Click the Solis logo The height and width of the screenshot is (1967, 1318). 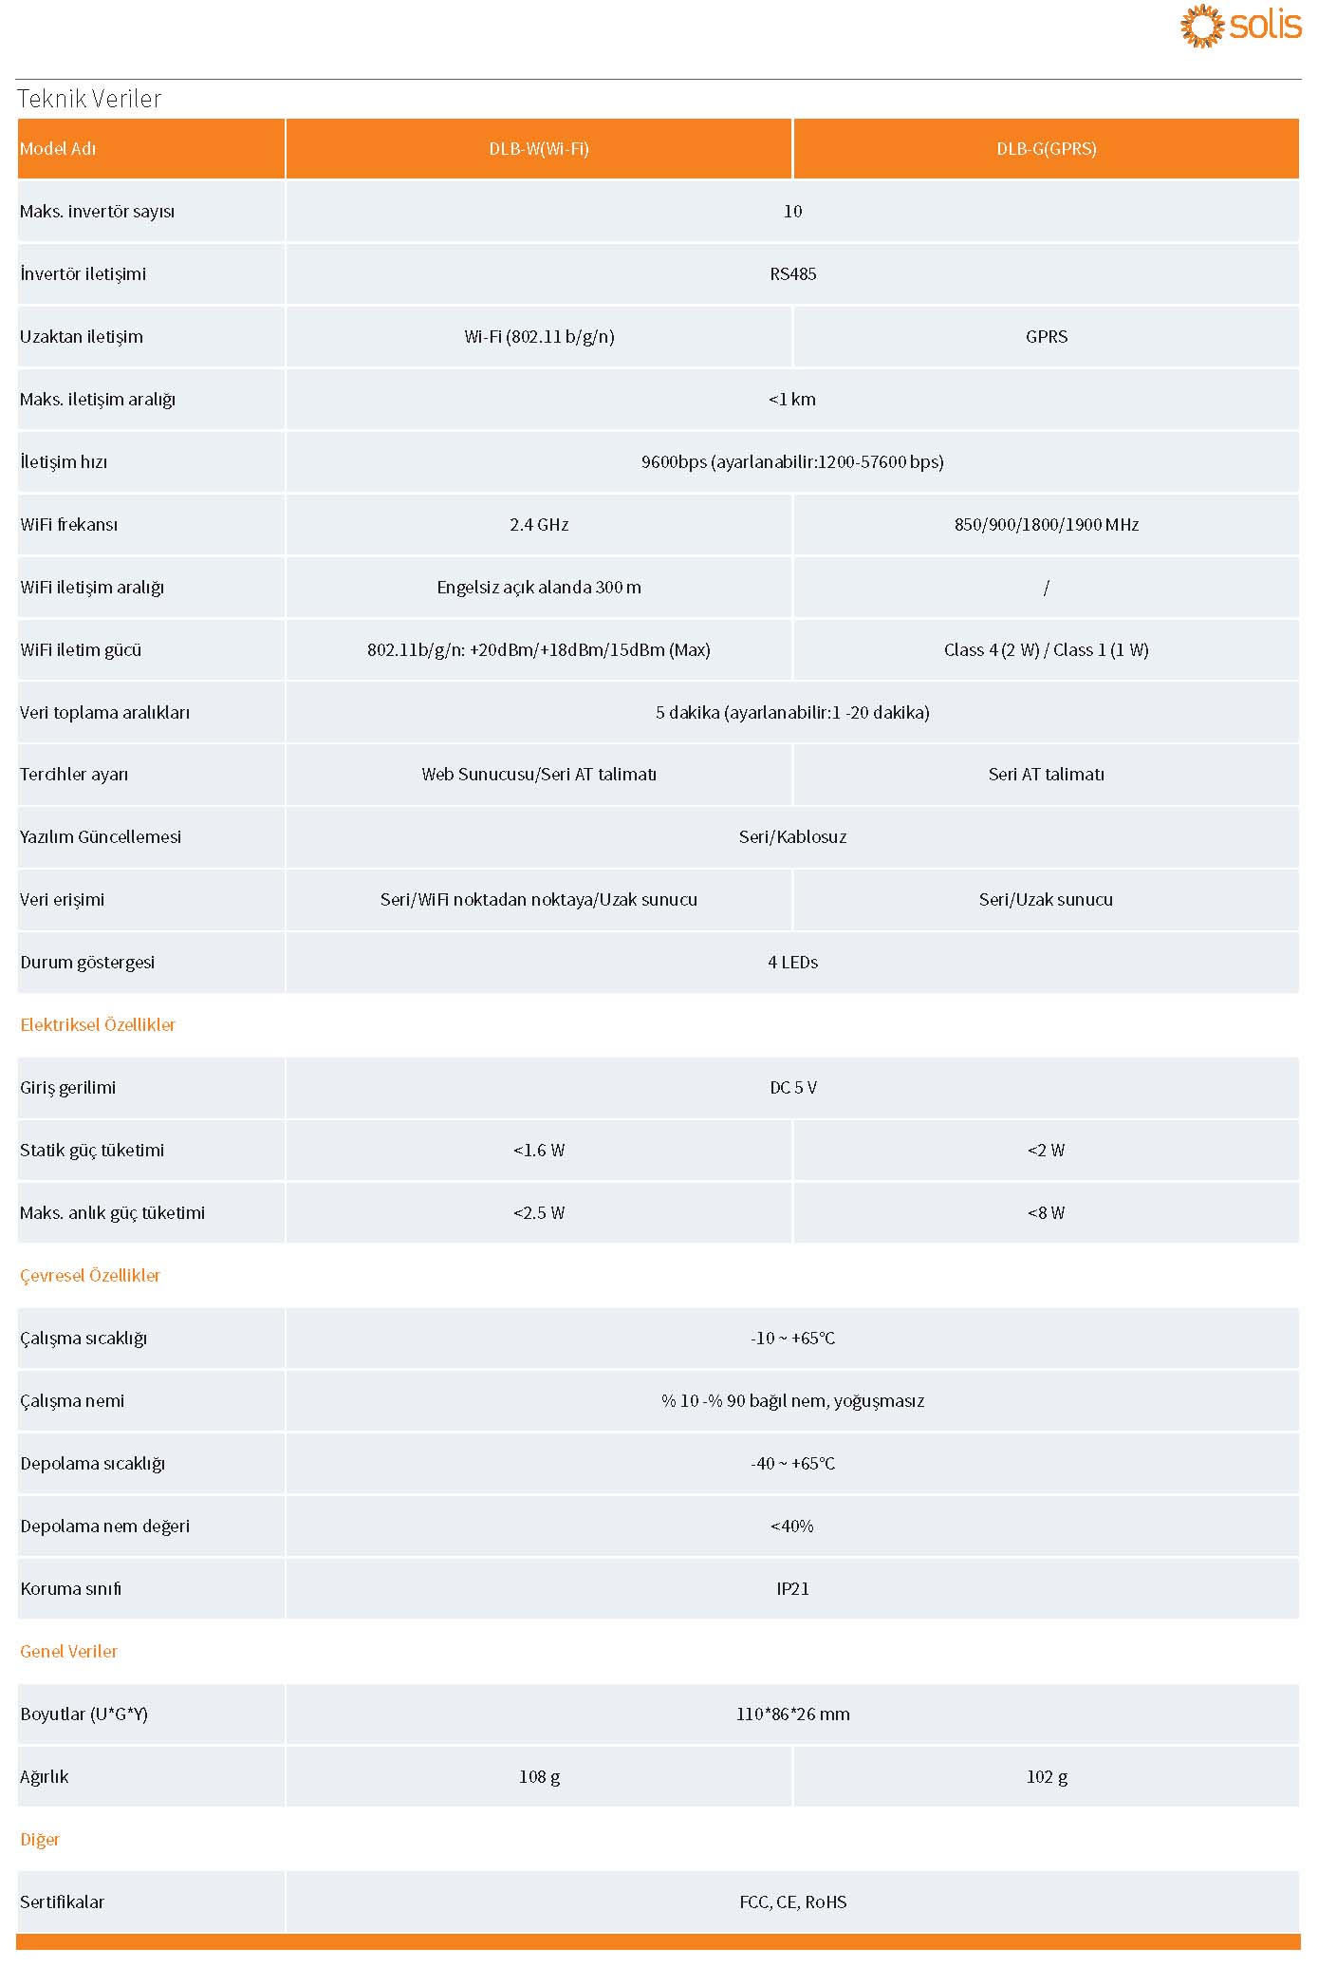click(1240, 26)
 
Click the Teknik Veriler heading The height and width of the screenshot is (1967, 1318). click(89, 99)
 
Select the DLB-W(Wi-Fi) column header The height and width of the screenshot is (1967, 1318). click(539, 149)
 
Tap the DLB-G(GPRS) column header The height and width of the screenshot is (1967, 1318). click(1046, 149)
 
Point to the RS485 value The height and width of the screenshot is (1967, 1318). click(792, 274)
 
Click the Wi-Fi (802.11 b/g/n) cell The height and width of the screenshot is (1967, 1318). click(539, 337)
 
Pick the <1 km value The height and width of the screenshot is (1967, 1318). click(792, 400)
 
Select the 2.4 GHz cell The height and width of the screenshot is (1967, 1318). click(539, 525)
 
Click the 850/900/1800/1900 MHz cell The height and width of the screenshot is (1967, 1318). click(1046, 525)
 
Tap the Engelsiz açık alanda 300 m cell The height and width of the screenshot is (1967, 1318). click(539, 588)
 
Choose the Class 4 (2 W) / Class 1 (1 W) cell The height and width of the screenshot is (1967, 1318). click(1046, 650)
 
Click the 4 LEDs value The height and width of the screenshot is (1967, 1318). click(792, 963)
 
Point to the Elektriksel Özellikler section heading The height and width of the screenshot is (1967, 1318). click(98, 1025)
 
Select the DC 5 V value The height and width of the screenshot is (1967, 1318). click(792, 1088)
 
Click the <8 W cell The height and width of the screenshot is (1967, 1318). click(1046, 1213)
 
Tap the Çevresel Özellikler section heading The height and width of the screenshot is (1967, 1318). click(90, 1276)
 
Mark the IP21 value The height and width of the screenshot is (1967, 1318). click(792, 1589)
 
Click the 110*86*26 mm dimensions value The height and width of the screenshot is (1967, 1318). click(792, 1714)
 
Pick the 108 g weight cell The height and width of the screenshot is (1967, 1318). click(539, 1777)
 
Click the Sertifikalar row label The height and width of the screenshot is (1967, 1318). click(63, 1902)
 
